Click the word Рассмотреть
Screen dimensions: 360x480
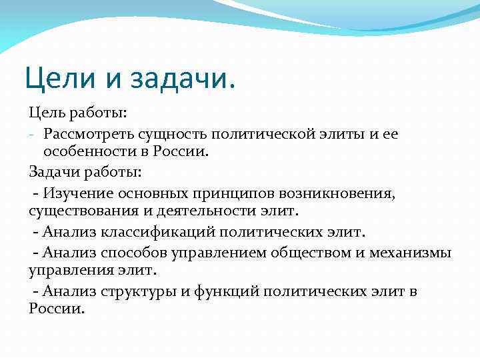pyautogui.click(x=85, y=135)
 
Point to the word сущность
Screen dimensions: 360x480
pyautogui.click(x=170, y=135)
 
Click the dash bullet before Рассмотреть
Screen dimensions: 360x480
pyautogui.click(x=32, y=135)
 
